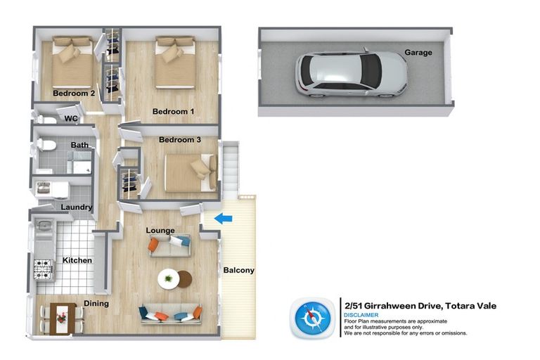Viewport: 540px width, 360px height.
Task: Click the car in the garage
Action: [x=351, y=73]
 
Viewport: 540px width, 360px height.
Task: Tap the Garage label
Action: [x=418, y=52]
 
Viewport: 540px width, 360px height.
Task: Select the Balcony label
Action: [x=238, y=270]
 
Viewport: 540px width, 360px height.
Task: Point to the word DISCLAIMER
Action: [x=361, y=315]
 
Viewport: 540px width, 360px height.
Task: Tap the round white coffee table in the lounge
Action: [x=169, y=278]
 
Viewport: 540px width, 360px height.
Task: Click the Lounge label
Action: [x=160, y=231]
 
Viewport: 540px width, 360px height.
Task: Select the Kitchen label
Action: [x=77, y=260]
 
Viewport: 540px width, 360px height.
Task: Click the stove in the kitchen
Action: [x=44, y=268]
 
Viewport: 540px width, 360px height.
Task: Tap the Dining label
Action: [x=96, y=304]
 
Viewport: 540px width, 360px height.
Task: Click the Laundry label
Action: [x=76, y=207]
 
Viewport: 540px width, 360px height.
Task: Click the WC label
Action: [x=71, y=119]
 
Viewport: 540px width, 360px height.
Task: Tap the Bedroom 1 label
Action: [x=173, y=112]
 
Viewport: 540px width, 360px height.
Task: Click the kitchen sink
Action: [x=44, y=226]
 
